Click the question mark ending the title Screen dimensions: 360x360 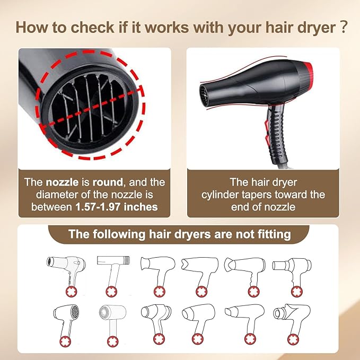[344, 28]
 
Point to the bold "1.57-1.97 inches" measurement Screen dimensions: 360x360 [116, 207]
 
